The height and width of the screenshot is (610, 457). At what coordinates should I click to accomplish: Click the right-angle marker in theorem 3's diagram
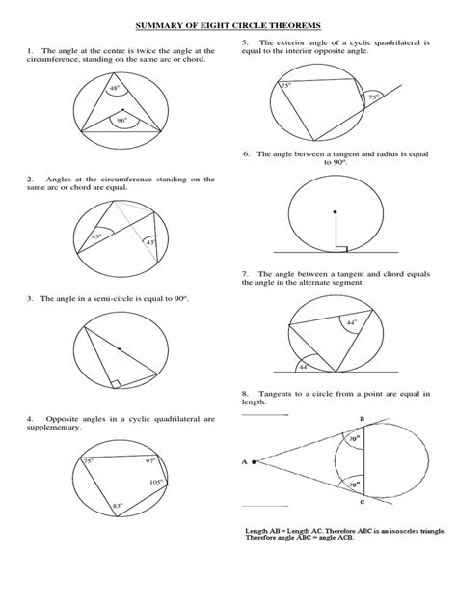coord(115,383)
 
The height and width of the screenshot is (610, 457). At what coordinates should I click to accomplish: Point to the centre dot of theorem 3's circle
coord(118,348)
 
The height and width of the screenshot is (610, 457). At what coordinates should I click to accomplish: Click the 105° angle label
coord(156,481)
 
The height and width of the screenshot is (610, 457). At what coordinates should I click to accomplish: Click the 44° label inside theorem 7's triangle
coord(353,322)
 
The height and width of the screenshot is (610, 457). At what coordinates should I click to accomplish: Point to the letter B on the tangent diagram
coord(361,417)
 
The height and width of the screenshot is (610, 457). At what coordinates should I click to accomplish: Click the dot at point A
coord(255,462)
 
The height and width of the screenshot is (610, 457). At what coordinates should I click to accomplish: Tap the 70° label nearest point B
coord(355,437)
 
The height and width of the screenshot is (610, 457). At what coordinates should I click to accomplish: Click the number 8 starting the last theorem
coord(246,394)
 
